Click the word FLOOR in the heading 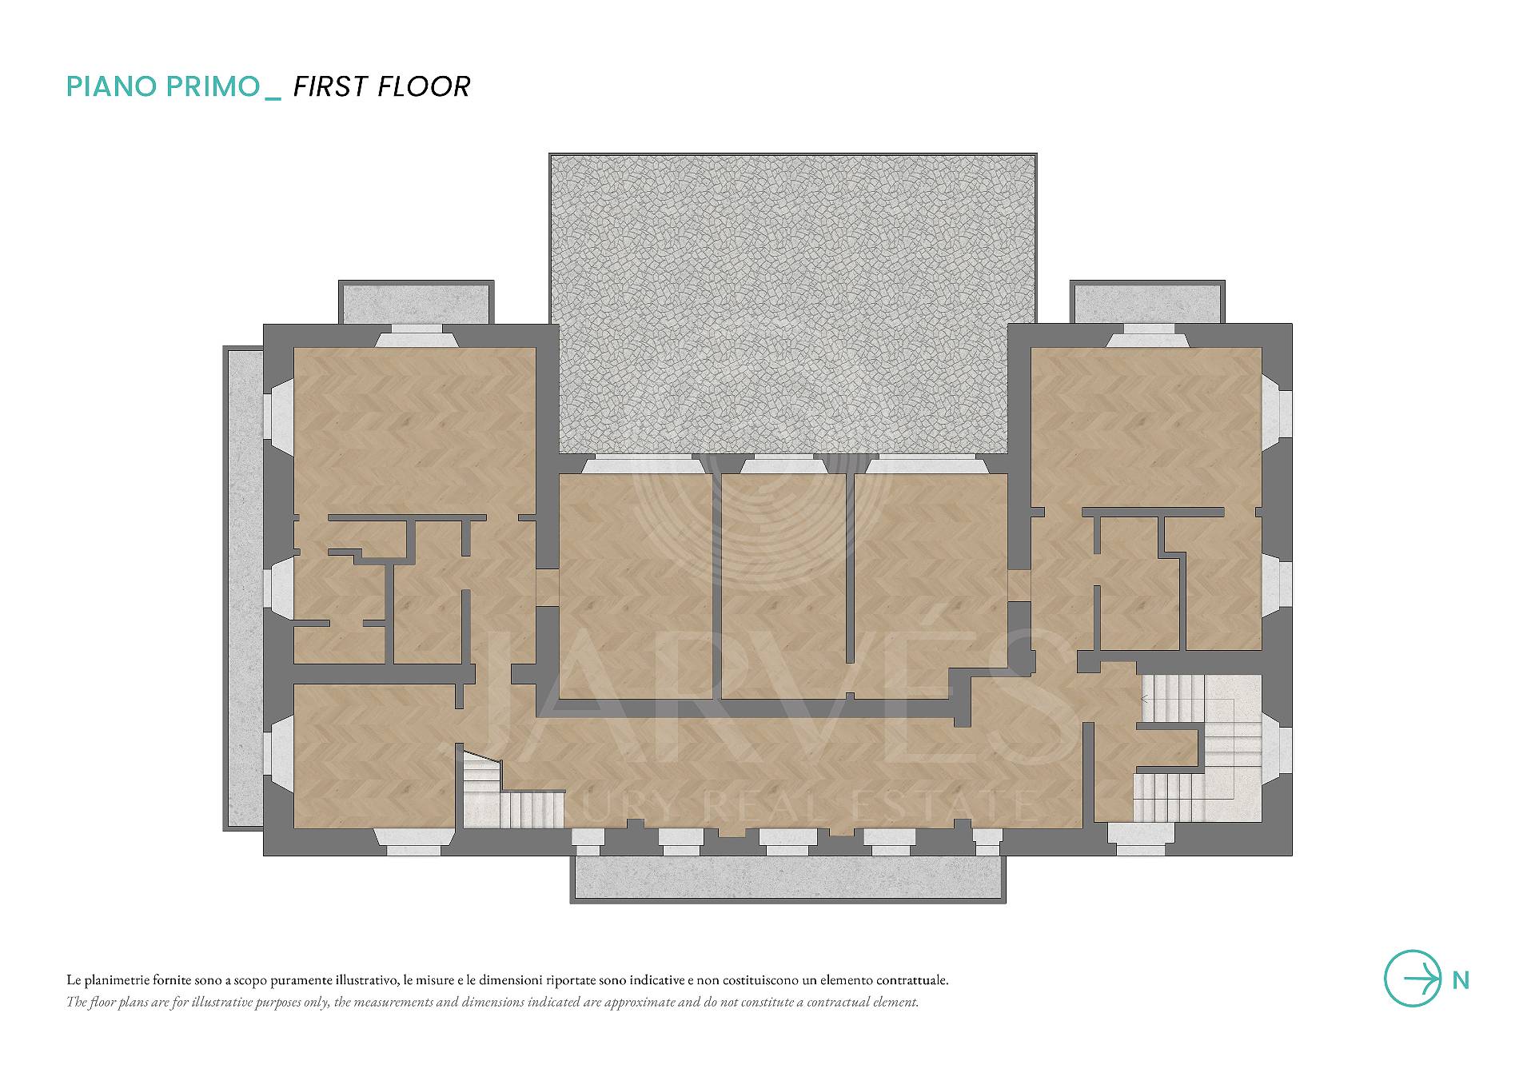(x=425, y=86)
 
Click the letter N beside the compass (x=1461, y=980)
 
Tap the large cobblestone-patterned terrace (x=793, y=304)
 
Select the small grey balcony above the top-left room (x=416, y=302)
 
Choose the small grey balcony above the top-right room (x=1147, y=302)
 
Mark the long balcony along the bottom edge (x=787, y=879)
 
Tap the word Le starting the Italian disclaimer (x=74, y=980)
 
